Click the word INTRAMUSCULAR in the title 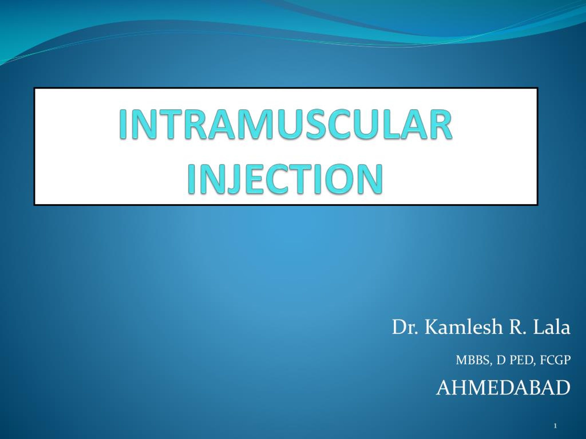(x=285, y=124)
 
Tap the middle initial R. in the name (x=517, y=328)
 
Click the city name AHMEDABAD (x=503, y=388)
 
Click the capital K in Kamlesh (x=433, y=328)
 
